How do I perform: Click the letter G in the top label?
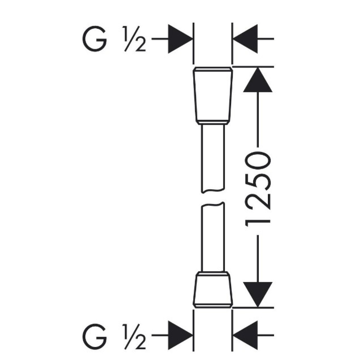point(94,39)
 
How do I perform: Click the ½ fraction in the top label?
point(134,39)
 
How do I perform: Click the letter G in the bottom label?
point(94,336)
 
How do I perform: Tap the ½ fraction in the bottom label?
point(134,336)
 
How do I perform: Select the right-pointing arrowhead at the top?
point(180,39)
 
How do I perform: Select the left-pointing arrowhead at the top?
point(245,39)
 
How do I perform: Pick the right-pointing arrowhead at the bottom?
point(180,336)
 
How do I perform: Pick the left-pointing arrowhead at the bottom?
point(245,336)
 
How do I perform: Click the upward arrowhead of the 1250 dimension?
point(258,80)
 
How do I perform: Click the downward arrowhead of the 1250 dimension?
point(258,294)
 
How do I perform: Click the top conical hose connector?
point(213,96)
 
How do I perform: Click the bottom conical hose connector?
point(213,289)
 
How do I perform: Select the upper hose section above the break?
point(213,158)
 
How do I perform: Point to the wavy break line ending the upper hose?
point(213,191)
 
